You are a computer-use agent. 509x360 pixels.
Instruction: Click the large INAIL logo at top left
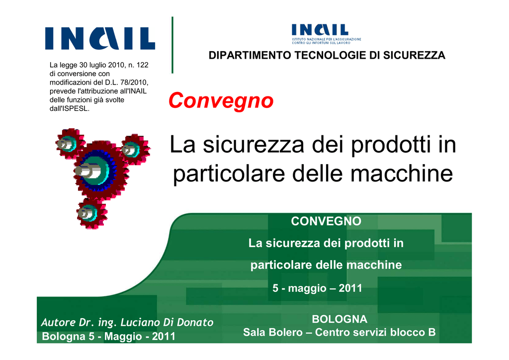click(100, 38)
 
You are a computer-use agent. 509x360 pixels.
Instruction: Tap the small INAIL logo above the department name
click(326, 34)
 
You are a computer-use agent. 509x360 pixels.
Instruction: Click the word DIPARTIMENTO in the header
click(250, 56)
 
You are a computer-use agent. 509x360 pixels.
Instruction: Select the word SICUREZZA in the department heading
click(414, 56)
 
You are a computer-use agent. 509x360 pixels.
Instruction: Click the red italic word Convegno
click(221, 100)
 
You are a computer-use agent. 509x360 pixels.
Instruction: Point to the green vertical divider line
click(172, 45)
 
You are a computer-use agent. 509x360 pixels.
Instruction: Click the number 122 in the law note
click(142, 65)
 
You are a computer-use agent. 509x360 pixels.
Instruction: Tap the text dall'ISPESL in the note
click(70, 109)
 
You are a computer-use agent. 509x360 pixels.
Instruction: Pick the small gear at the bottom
click(91, 213)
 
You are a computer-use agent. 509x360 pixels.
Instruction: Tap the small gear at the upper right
click(135, 149)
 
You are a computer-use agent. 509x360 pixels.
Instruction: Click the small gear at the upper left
click(70, 144)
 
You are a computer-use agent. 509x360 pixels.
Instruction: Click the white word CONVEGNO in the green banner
click(326, 221)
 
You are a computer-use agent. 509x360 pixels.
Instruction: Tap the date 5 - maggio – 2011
click(317, 288)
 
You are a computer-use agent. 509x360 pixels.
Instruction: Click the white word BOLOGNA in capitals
click(339, 319)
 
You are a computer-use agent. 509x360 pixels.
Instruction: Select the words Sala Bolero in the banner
click(273, 333)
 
